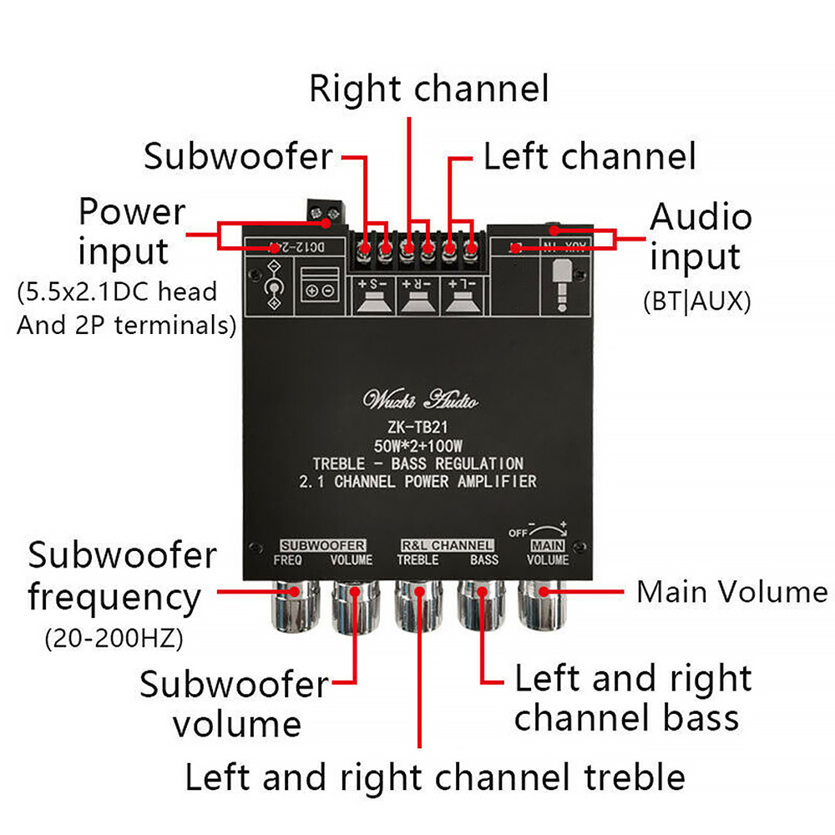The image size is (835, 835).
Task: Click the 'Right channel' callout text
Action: [x=429, y=89]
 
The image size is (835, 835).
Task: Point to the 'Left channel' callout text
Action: [x=590, y=156]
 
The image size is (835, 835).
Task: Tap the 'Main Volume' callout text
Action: [x=731, y=592]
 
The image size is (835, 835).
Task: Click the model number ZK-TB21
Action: [x=420, y=427]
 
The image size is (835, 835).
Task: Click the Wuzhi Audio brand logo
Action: [x=420, y=400]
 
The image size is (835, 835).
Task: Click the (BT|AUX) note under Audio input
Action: [x=696, y=301]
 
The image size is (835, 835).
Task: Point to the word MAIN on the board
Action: [x=549, y=545]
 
